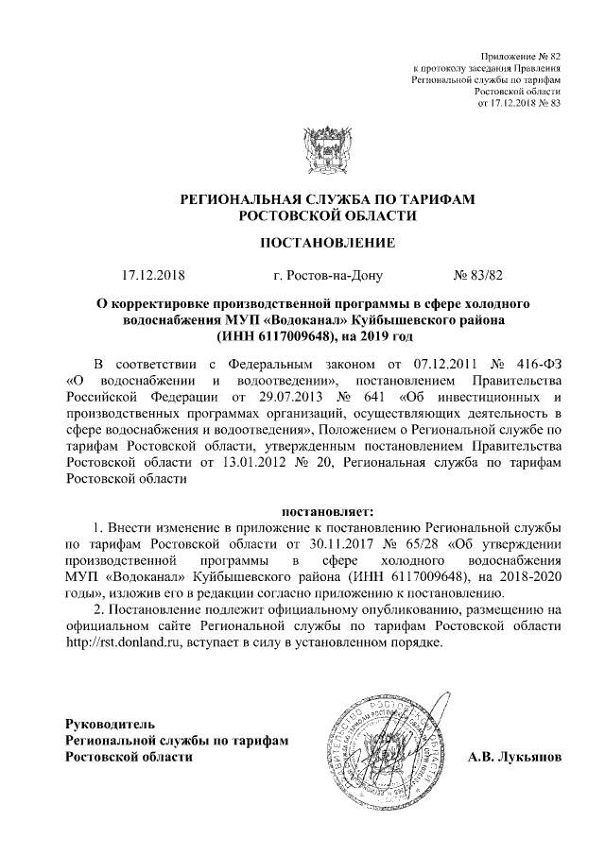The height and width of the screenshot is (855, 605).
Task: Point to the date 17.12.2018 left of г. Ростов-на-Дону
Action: click(x=154, y=276)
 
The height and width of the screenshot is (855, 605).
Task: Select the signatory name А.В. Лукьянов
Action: click(x=514, y=757)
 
